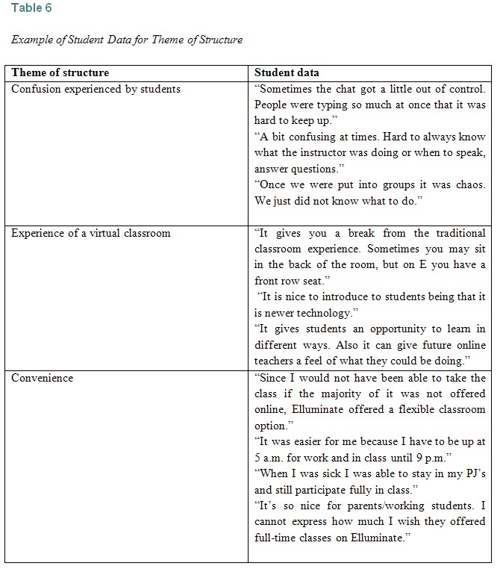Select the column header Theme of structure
tap(60, 72)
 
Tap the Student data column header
tap(287, 72)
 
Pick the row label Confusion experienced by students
tap(96, 89)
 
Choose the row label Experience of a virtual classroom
tap(90, 233)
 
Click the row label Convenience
tap(42, 378)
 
